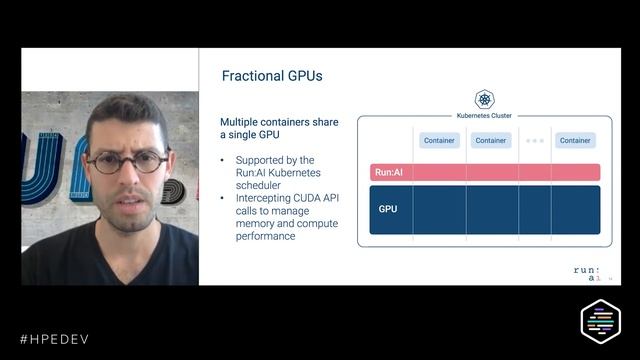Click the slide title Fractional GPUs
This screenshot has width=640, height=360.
[x=272, y=76]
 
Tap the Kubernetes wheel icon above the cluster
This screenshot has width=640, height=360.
[x=484, y=99]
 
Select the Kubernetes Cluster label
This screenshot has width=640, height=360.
[x=484, y=115]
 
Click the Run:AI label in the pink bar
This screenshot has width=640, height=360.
[x=388, y=172]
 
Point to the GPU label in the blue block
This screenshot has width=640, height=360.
[x=388, y=209]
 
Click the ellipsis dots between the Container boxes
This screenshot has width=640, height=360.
[x=534, y=141]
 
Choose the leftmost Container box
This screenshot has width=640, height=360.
[x=439, y=141]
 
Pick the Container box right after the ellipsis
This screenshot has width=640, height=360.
[x=575, y=141]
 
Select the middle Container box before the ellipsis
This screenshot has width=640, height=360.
[x=490, y=141]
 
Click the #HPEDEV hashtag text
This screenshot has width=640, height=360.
[x=54, y=339]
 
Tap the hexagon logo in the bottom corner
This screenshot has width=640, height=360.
[x=601, y=321]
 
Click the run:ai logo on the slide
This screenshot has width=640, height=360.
[x=588, y=273]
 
